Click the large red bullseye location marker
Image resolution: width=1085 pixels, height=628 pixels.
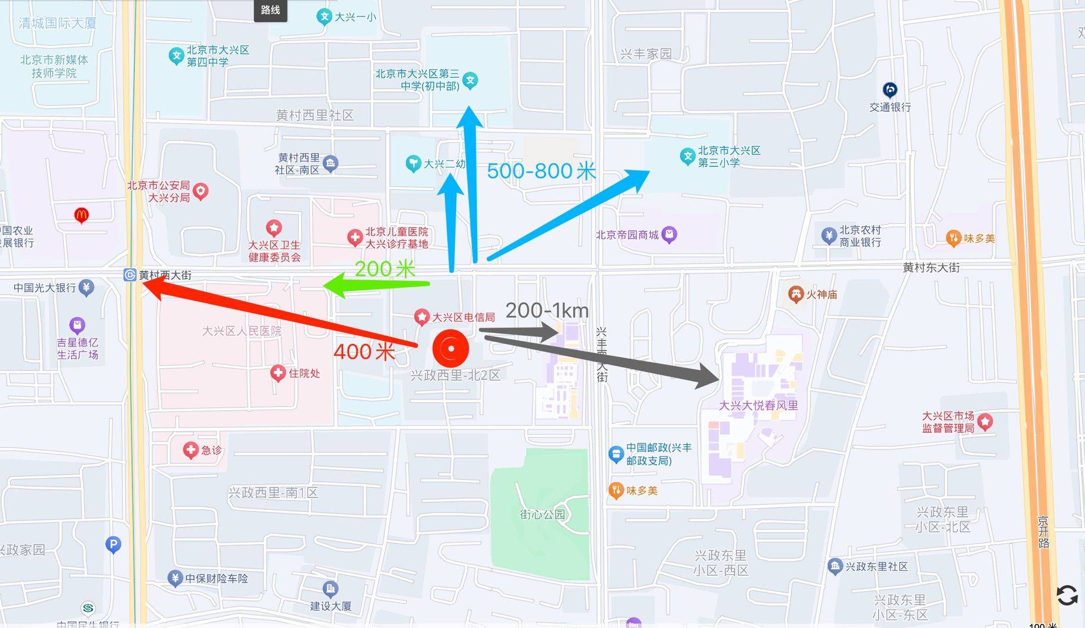(451, 348)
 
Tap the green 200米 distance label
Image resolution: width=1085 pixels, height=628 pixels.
(385, 269)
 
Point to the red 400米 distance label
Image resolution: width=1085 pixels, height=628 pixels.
(364, 352)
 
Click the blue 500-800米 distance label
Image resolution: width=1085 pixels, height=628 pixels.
(541, 171)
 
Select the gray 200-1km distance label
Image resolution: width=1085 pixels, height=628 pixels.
(547, 310)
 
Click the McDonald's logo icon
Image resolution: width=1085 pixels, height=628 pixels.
(82, 215)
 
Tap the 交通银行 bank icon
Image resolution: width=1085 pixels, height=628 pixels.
(890, 90)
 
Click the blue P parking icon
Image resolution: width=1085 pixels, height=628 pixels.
(113, 545)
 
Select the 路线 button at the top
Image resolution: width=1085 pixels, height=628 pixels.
(270, 10)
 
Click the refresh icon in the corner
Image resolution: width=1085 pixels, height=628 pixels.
(1067, 595)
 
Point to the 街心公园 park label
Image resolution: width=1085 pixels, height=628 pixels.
(542, 514)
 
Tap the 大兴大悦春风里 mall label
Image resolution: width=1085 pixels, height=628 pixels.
(758, 405)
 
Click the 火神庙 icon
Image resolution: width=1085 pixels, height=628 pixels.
(796, 294)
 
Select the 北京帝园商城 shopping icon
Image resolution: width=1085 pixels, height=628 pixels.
(669, 235)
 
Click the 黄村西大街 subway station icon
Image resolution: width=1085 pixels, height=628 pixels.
(130, 275)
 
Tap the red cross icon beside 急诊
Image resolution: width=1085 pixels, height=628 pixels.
(190, 450)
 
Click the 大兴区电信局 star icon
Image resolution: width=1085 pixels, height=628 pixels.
(421, 317)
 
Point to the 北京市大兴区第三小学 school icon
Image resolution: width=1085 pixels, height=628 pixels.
(687, 156)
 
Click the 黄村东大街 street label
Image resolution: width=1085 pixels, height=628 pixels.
(931, 268)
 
